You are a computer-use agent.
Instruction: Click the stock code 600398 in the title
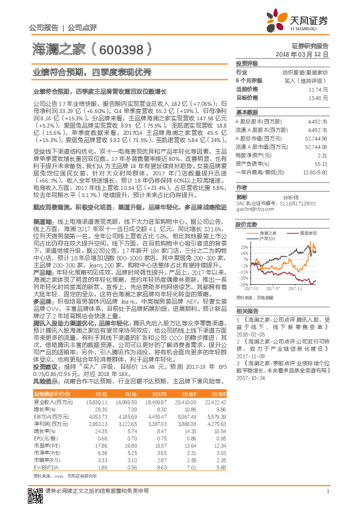(120, 49)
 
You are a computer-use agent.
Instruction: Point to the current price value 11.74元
(320, 89)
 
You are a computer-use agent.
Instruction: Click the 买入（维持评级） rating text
(310, 80)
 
